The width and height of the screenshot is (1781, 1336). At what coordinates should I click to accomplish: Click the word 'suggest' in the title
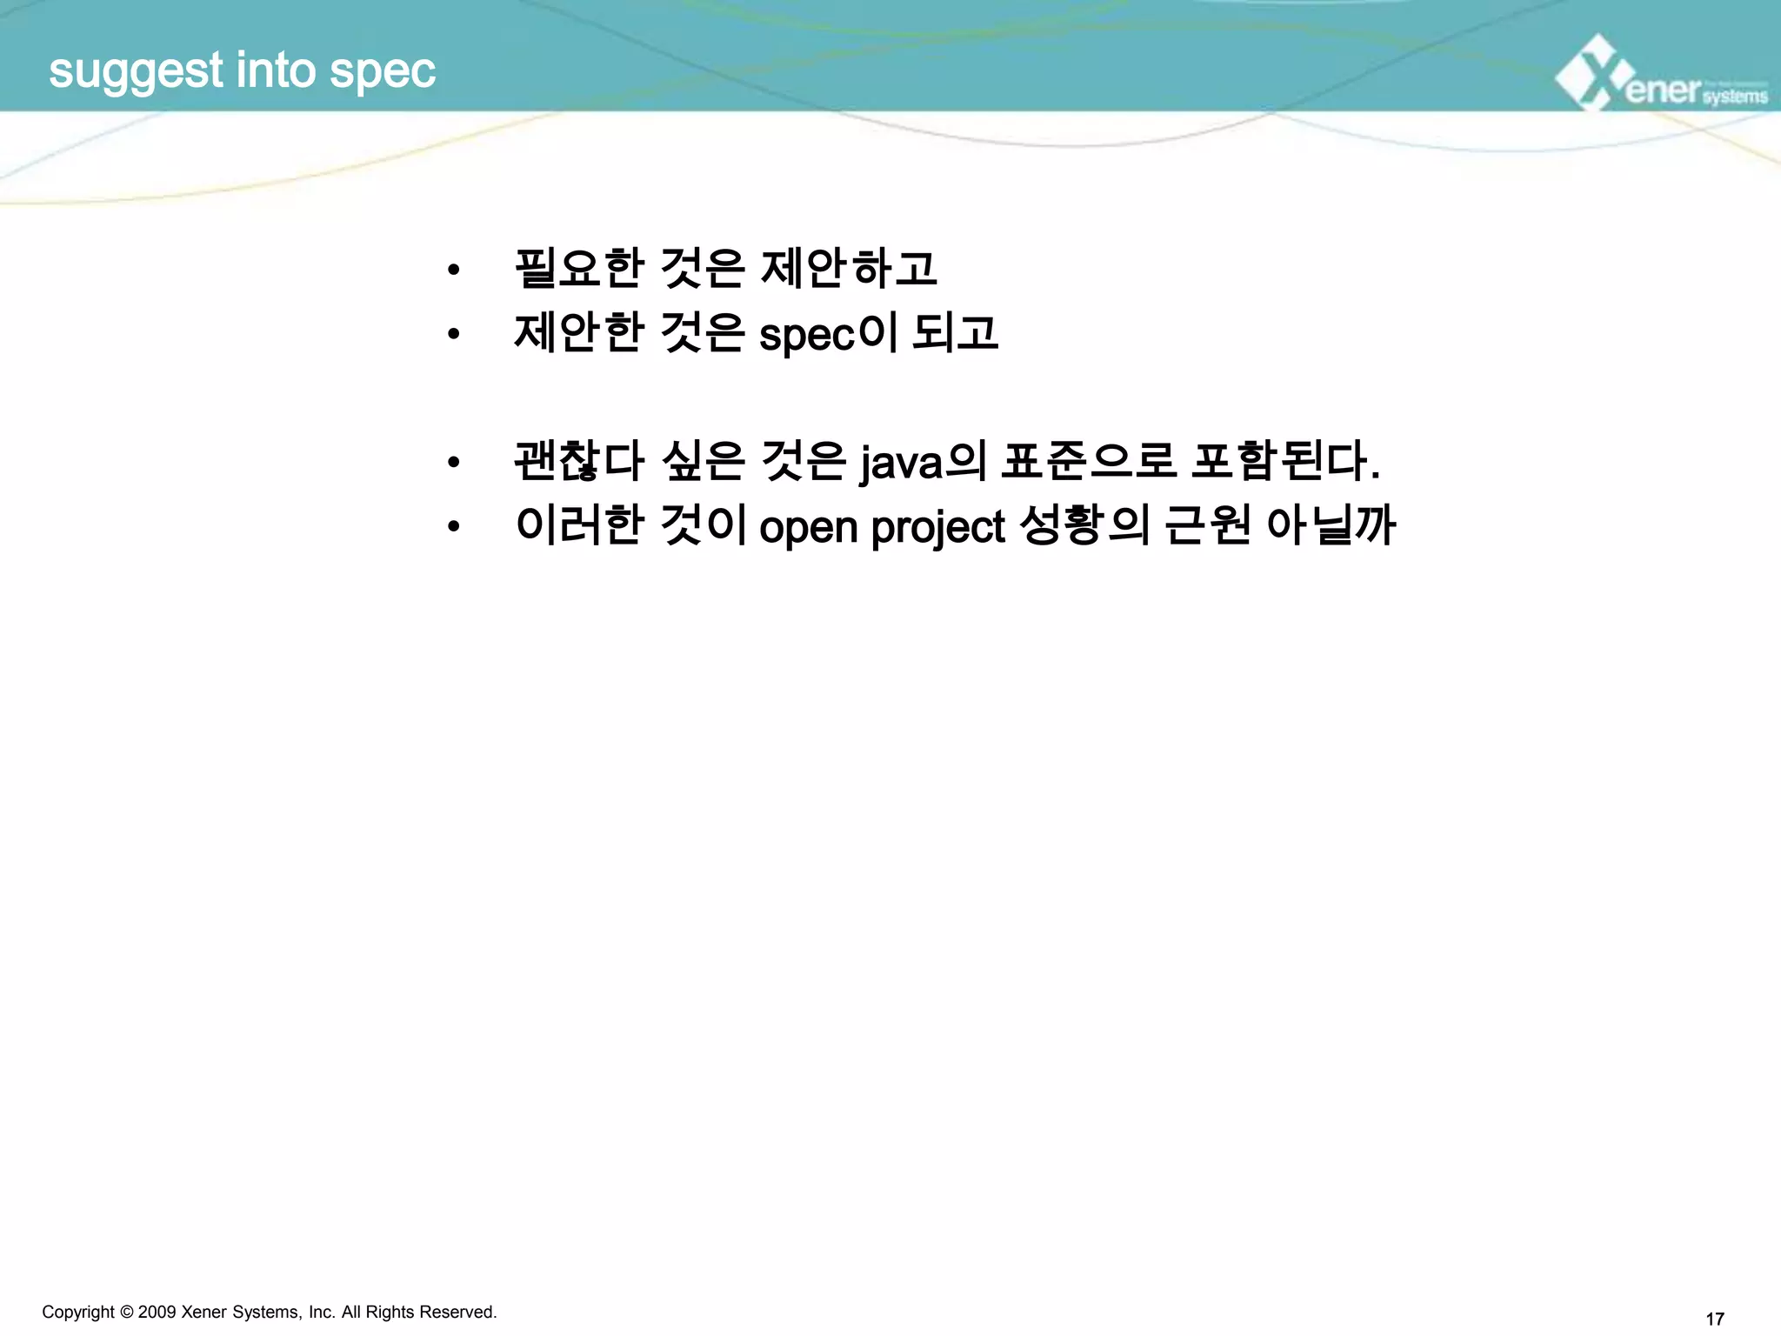[136, 71]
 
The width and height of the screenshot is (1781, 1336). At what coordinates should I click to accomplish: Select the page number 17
[1714, 1319]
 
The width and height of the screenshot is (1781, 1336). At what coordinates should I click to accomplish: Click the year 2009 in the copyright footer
[157, 1313]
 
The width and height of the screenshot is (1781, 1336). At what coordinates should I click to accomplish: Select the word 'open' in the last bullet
[808, 527]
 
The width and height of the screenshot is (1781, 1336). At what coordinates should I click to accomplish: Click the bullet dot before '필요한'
[453, 270]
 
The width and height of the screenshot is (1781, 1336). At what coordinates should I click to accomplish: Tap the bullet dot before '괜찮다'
[453, 462]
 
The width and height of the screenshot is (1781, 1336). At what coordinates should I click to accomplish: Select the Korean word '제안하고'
[849, 268]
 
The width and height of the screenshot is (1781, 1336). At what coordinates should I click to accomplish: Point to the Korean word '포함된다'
[1284, 461]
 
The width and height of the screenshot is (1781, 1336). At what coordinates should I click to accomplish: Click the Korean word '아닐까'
[1331, 525]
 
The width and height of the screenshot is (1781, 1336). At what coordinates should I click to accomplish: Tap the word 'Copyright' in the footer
[78, 1313]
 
